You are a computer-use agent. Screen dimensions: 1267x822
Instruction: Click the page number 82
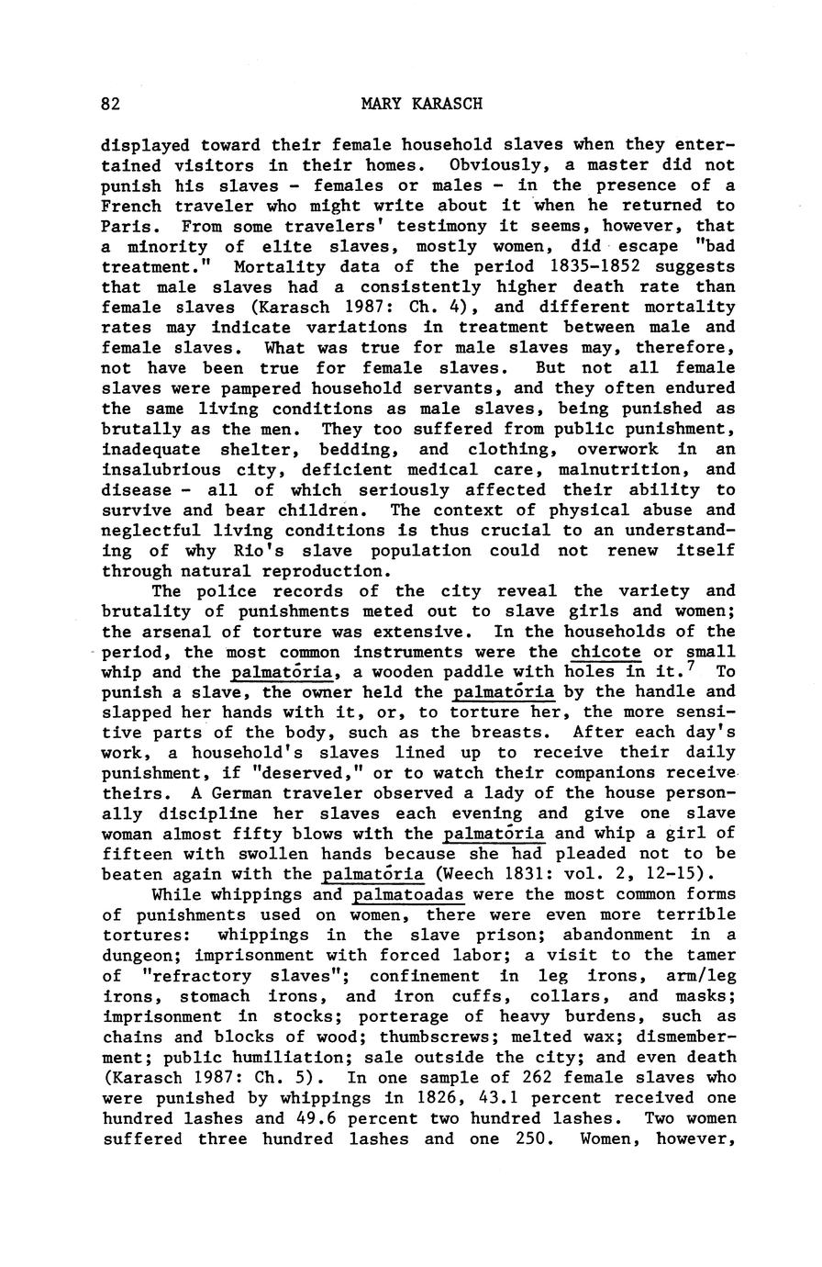tap(111, 104)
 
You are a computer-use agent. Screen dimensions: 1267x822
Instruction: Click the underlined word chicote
tap(605, 652)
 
